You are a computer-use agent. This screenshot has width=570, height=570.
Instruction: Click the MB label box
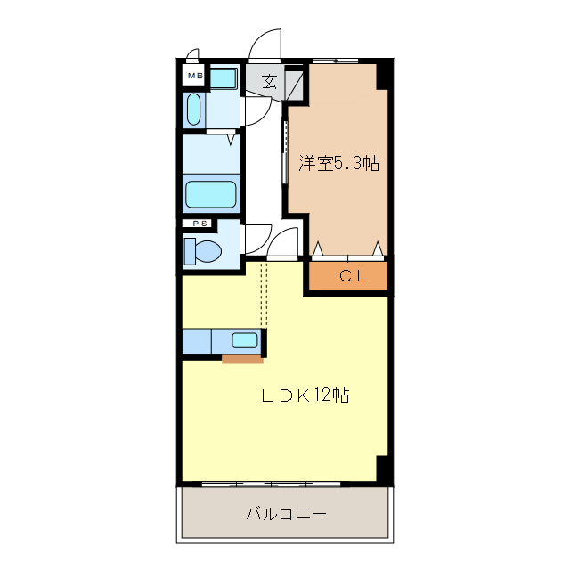tap(195, 77)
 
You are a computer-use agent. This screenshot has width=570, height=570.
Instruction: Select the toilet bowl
tap(204, 251)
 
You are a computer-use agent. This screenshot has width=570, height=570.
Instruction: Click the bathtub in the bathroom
tap(211, 194)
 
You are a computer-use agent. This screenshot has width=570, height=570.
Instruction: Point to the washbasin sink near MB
tap(193, 108)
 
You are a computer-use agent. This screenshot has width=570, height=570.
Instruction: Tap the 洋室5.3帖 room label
tap(338, 163)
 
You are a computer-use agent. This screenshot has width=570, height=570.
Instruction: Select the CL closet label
tap(353, 276)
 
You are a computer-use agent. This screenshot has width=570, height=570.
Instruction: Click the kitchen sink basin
tap(243, 339)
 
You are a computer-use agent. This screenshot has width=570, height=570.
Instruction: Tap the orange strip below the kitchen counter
tap(242, 360)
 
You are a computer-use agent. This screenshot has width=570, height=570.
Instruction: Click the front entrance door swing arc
tap(265, 44)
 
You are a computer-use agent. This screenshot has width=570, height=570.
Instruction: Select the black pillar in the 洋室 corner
tap(382, 75)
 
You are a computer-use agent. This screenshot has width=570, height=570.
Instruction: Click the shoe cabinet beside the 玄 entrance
tap(295, 82)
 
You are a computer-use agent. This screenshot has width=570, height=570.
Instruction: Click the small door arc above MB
tap(191, 54)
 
